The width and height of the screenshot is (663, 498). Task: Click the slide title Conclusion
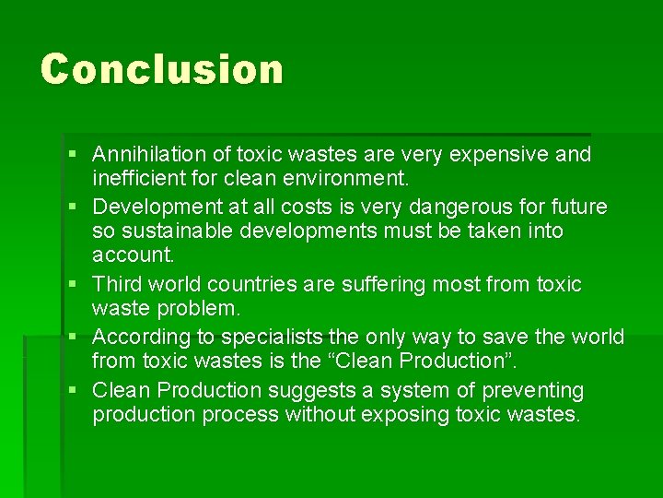tap(162, 69)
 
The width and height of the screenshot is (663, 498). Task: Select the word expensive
tap(513, 154)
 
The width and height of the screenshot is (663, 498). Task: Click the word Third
tap(117, 284)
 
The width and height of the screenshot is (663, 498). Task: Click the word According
tap(138, 337)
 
